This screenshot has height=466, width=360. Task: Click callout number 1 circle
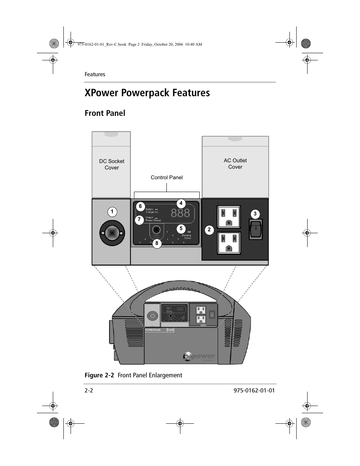112,212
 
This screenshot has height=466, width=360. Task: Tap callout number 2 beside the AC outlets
209,229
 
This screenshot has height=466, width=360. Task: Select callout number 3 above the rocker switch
255,214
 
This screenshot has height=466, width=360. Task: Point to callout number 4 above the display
181,203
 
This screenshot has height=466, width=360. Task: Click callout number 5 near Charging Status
181,228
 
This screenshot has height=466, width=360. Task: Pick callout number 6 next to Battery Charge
140,206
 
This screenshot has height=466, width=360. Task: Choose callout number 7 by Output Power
139,219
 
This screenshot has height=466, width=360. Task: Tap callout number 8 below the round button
157,243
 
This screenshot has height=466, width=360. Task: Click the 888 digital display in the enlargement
180,214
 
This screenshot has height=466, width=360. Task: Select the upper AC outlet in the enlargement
228,217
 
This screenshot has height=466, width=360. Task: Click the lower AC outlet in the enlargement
228,243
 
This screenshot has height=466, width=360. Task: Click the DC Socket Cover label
112,165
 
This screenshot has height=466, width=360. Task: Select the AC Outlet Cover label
235,164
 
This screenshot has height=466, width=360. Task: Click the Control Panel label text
166,177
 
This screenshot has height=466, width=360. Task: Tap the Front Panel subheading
105,113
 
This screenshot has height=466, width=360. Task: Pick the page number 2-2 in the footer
89,390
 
